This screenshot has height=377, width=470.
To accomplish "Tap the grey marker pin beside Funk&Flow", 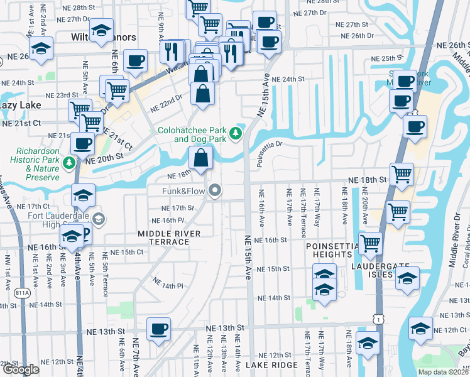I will pyautogui.click(x=216, y=190).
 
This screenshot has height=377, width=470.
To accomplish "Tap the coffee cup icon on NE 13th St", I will pyautogui.click(x=158, y=328).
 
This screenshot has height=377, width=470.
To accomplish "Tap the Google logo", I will pyautogui.click(x=20, y=369).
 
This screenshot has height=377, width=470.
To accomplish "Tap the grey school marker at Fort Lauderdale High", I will pyautogui.click(x=99, y=219).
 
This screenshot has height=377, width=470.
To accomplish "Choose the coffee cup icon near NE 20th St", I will pyautogui.click(x=82, y=143).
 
